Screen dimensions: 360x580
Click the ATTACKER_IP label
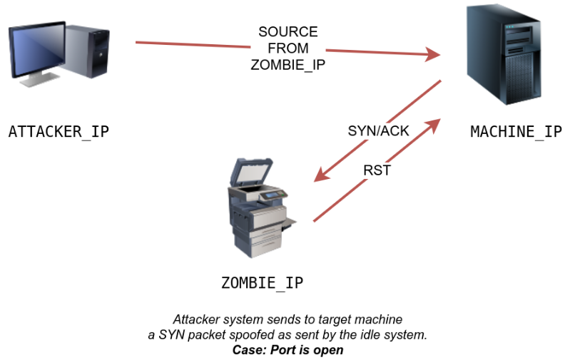(58, 132)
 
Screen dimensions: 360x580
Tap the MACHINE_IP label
(516, 132)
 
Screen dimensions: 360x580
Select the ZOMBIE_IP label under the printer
(262, 283)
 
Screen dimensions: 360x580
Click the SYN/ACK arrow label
(378, 131)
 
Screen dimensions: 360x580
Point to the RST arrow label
(377, 171)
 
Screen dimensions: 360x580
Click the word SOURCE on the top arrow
(288, 33)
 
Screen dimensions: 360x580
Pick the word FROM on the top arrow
(288, 48)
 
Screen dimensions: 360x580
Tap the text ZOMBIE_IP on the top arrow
(288, 64)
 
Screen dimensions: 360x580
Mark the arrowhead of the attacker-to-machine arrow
(431, 54)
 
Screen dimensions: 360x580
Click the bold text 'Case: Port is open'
(288, 350)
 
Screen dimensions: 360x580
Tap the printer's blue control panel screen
(269, 192)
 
